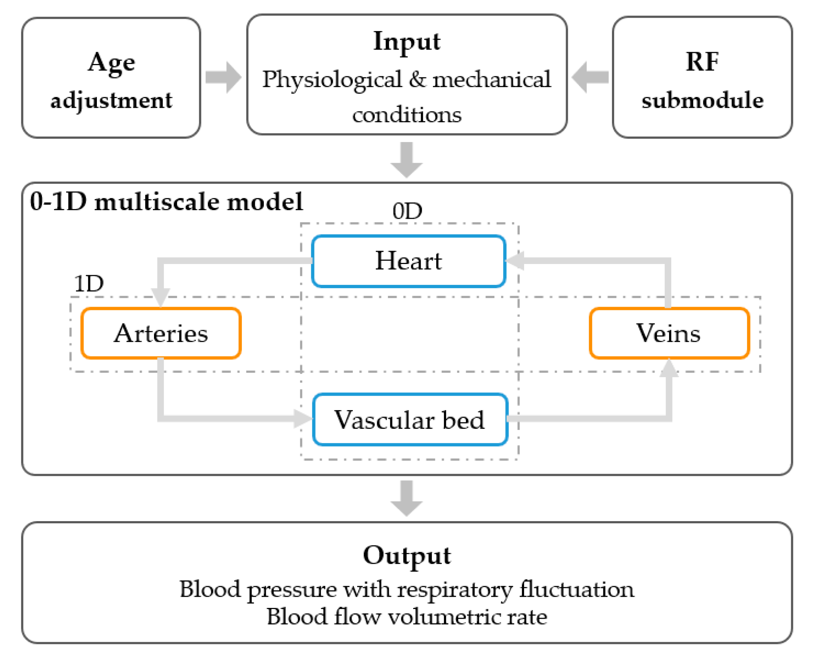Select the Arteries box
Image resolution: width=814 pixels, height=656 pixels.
(161, 333)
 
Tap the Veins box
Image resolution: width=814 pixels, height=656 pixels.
(669, 333)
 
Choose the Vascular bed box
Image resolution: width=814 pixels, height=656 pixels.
(410, 420)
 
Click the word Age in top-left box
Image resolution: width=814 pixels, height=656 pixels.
(111, 63)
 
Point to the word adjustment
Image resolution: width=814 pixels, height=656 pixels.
(111, 101)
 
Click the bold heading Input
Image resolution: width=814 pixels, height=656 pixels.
(407, 42)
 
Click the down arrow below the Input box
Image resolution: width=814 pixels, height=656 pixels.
(406, 160)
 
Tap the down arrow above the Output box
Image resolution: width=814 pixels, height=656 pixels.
(406, 498)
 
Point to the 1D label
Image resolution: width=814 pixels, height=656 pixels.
(89, 284)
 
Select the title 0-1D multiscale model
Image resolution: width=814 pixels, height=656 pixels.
(166, 201)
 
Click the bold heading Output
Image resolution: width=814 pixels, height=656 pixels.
(407, 555)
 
